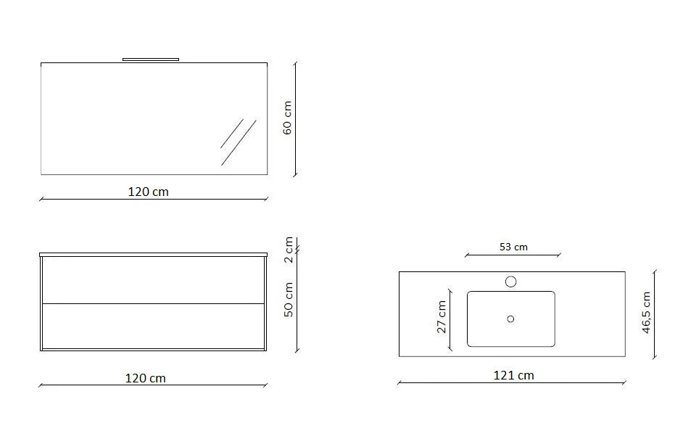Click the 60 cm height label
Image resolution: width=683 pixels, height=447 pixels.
click(x=288, y=118)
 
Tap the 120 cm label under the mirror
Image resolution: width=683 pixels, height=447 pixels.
click(x=148, y=192)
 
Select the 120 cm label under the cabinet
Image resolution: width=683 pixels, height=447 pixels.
click(x=146, y=378)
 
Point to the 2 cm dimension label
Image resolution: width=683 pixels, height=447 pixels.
click(x=289, y=250)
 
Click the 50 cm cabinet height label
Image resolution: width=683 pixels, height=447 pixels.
click(x=289, y=300)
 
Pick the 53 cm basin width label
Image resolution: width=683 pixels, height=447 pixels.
click(x=513, y=247)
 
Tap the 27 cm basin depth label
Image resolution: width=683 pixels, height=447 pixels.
click(x=442, y=317)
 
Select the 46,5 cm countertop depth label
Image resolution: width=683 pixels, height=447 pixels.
click(x=647, y=313)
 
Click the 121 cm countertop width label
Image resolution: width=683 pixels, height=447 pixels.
click(x=513, y=375)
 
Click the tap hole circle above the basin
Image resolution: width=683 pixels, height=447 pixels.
click(x=511, y=282)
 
